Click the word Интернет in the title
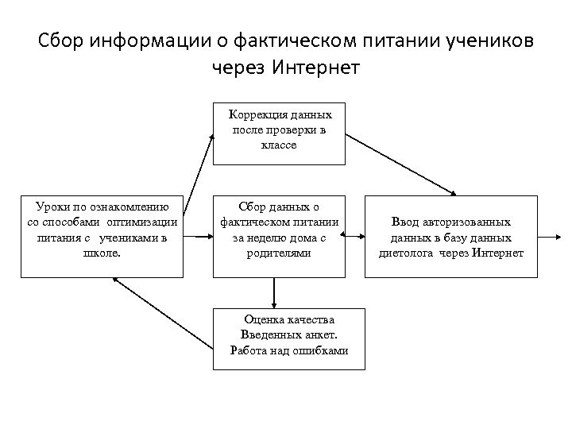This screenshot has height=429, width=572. [316, 67]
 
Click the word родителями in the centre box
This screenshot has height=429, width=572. [278, 253]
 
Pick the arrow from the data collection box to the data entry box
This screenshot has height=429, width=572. [353, 237]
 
